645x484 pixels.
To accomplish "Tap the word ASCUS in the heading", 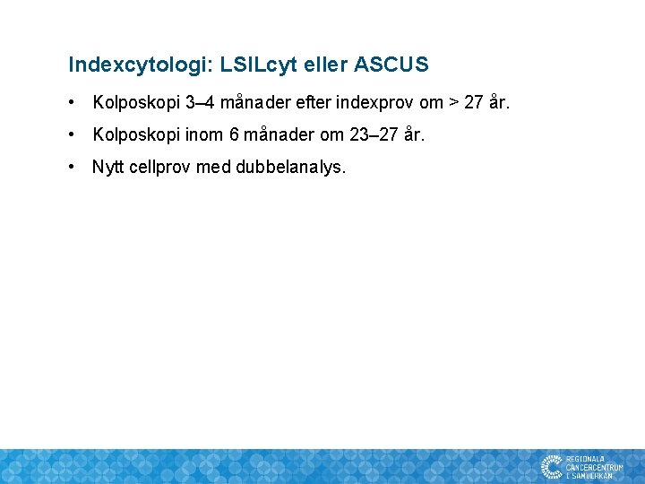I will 391,65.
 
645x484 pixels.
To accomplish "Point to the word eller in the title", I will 326,65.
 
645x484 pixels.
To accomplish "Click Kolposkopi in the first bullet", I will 135,103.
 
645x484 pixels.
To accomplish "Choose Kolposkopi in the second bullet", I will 135,135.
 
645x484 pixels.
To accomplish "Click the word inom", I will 203,135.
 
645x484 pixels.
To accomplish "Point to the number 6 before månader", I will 235,135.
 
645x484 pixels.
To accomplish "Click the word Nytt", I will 108,168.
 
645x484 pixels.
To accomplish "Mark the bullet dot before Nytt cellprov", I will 73,168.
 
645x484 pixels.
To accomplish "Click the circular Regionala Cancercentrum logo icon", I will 551,466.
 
